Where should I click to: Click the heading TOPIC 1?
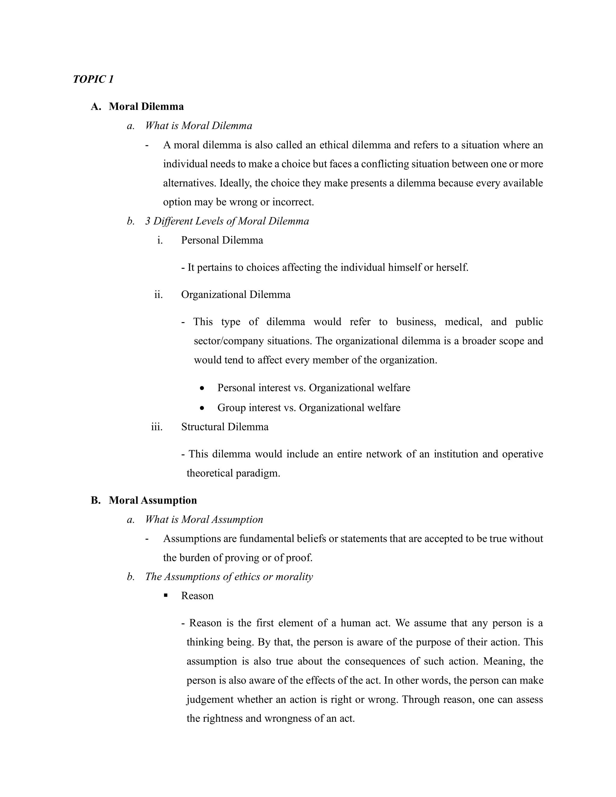(93, 79)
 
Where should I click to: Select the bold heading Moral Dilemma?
(146, 106)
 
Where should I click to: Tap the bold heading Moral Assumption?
(152, 500)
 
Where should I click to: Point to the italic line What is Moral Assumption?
(204, 520)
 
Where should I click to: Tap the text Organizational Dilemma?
(236, 295)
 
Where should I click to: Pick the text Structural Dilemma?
(225, 427)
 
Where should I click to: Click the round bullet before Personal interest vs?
(202, 388)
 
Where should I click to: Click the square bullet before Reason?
(166, 595)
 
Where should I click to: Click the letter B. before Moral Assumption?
(96, 500)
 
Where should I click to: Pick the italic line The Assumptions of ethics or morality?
(229, 577)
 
